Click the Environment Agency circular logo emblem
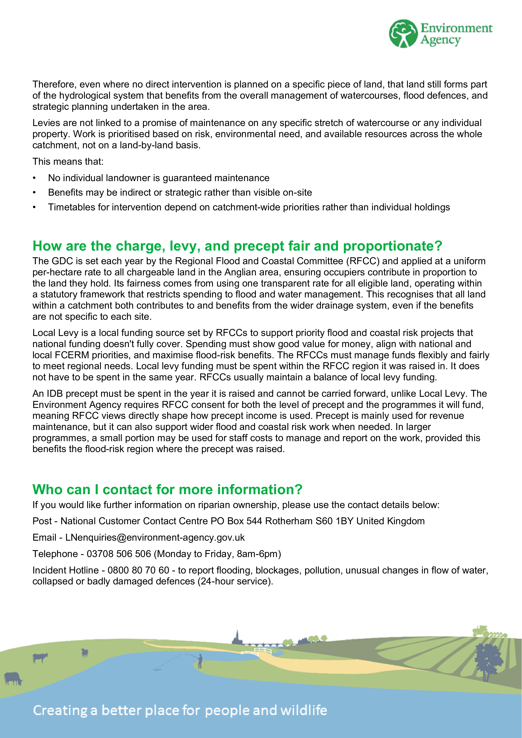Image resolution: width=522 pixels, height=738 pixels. pyautogui.click(x=403, y=33)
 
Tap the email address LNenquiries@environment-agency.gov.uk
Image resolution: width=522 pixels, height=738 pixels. pyautogui.click(x=155, y=538)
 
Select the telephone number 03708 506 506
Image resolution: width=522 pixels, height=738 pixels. pyautogui.click(x=119, y=554)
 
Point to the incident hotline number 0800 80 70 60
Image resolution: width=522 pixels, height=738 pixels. pyautogui.click(x=138, y=570)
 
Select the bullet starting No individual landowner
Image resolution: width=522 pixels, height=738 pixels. pyautogui.click(x=159, y=178)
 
